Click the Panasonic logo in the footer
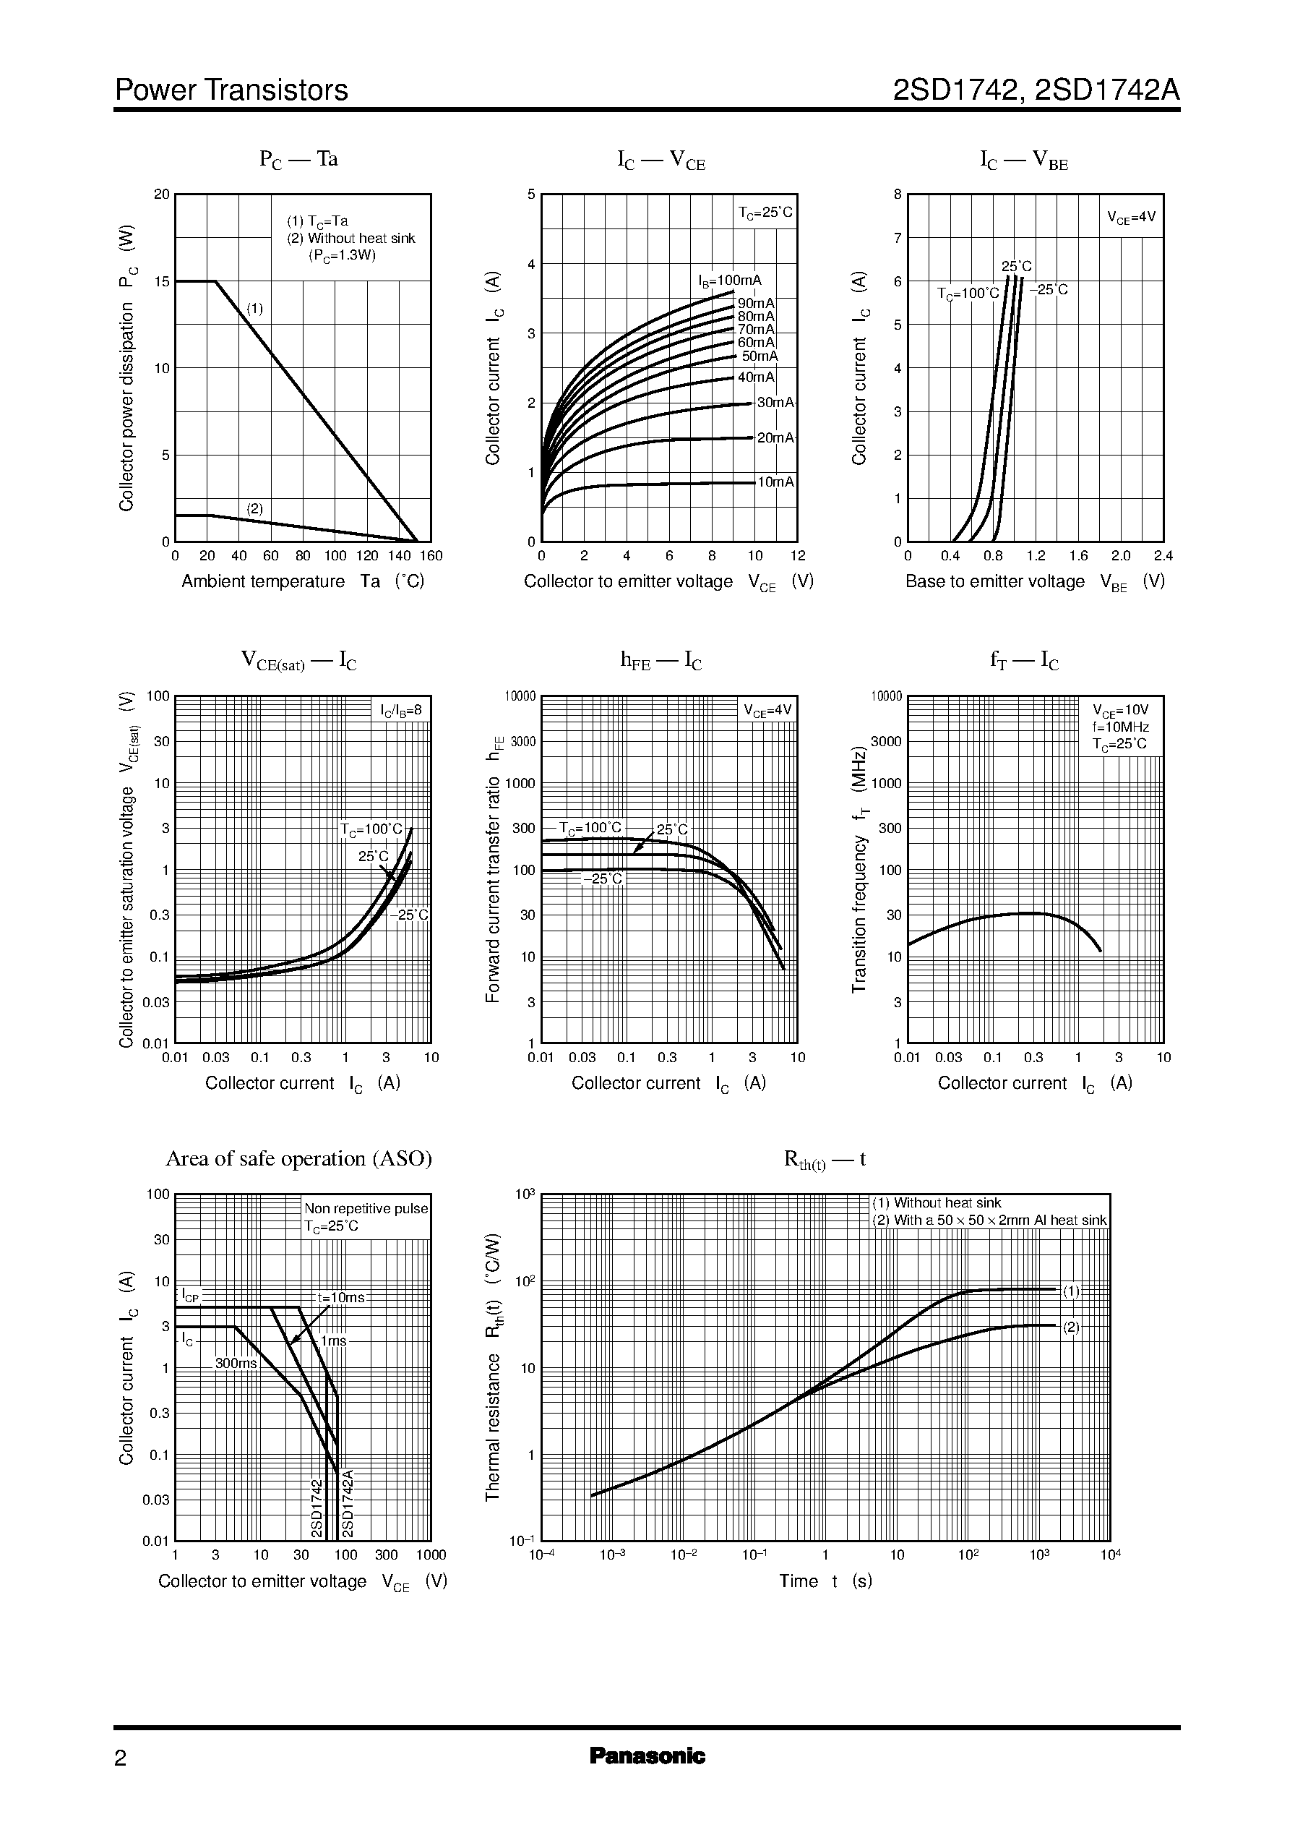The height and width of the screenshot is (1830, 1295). pos(647,1756)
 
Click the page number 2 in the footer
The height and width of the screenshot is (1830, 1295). pos(121,1758)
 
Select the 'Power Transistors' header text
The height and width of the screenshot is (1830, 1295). pos(231,90)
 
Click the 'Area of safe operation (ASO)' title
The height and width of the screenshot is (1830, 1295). pos(298,1158)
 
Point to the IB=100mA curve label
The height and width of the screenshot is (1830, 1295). pos(730,281)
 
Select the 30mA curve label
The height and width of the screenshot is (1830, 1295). pos(775,403)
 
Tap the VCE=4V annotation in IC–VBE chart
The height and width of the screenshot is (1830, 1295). pos(1131,217)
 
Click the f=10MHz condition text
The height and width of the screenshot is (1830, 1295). pos(1120,727)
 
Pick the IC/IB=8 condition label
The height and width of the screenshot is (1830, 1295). pos(400,709)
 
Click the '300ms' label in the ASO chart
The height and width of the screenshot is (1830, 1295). pos(236,1364)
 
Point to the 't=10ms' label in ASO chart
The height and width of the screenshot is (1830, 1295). pos(340,1298)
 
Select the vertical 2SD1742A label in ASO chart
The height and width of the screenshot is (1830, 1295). pos(347,1503)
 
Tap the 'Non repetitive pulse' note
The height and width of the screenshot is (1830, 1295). pos(366,1209)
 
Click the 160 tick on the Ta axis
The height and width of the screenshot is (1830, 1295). pos(431,556)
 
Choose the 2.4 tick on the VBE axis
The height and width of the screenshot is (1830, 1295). pos(1163,556)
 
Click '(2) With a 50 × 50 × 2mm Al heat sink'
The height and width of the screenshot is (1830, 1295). pos(989,1220)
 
